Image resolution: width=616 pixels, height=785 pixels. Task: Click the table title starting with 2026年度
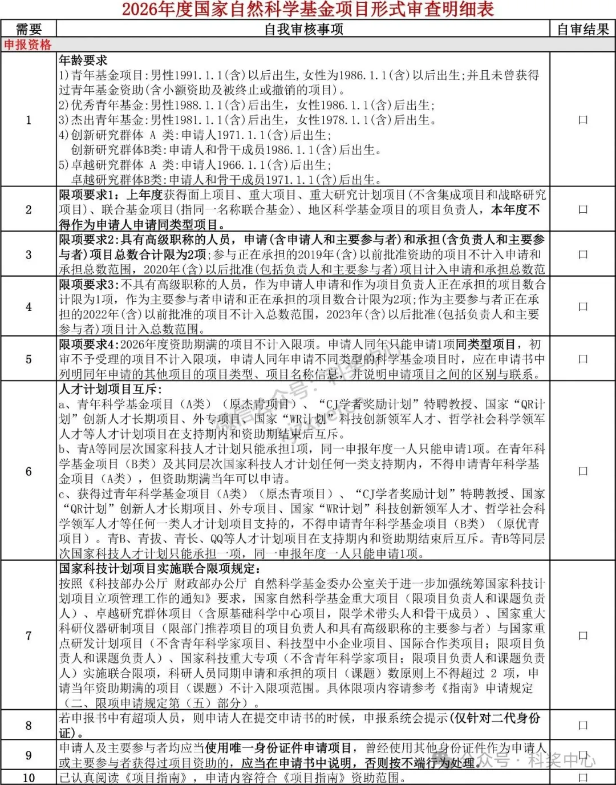tap(308, 9)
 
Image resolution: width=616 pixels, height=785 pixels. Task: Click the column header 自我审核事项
tap(303, 29)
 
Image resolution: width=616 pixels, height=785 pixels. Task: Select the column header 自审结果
tap(583, 29)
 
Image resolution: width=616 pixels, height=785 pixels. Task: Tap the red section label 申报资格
tap(27, 44)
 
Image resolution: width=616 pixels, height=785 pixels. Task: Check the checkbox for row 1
tap(583, 120)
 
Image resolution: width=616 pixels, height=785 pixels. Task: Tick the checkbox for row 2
tap(583, 209)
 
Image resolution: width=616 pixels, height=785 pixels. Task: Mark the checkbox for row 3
tap(583, 254)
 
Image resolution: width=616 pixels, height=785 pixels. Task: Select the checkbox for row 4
tap(583, 306)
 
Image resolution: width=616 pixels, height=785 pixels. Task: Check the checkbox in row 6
tap(583, 471)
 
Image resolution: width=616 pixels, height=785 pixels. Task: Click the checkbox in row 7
tap(583, 636)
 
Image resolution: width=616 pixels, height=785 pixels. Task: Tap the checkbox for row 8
tap(583, 726)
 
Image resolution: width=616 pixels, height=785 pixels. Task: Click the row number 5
tap(29, 359)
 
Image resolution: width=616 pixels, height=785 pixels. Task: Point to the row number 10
tap(29, 778)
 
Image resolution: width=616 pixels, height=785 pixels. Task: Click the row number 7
tap(29, 636)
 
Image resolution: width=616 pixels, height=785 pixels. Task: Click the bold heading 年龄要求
tap(83, 60)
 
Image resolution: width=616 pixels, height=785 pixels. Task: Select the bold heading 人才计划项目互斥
tap(111, 389)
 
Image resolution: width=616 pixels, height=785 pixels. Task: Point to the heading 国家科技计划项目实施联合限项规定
tap(160, 568)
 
